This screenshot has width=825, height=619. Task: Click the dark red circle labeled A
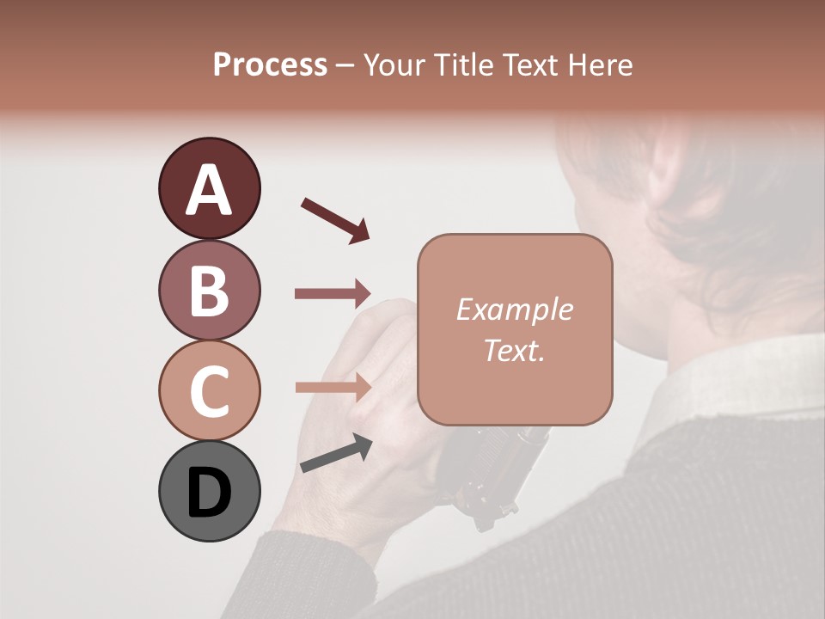pyautogui.click(x=209, y=188)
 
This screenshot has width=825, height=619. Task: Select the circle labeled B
pyautogui.click(x=209, y=290)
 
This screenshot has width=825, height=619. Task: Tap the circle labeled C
pyautogui.click(x=209, y=390)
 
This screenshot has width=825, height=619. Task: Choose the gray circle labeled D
pyautogui.click(x=209, y=491)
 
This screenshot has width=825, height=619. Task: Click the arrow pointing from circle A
pyautogui.click(x=335, y=219)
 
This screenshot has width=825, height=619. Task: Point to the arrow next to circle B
pyautogui.click(x=333, y=294)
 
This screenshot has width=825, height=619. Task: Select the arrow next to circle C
pyautogui.click(x=333, y=387)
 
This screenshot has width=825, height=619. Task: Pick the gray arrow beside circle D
pyautogui.click(x=336, y=453)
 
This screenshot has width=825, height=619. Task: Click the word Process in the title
pyautogui.click(x=270, y=65)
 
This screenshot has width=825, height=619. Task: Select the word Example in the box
pyautogui.click(x=515, y=309)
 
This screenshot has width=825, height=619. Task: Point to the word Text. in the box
pyautogui.click(x=515, y=350)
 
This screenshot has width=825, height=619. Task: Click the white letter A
pyautogui.click(x=209, y=190)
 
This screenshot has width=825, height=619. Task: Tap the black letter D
pyautogui.click(x=209, y=493)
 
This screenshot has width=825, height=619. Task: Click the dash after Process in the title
pyautogui.click(x=345, y=66)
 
